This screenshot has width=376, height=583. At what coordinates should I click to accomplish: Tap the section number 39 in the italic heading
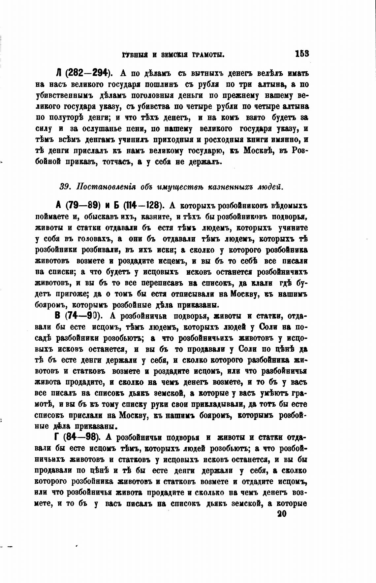[64, 187]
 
